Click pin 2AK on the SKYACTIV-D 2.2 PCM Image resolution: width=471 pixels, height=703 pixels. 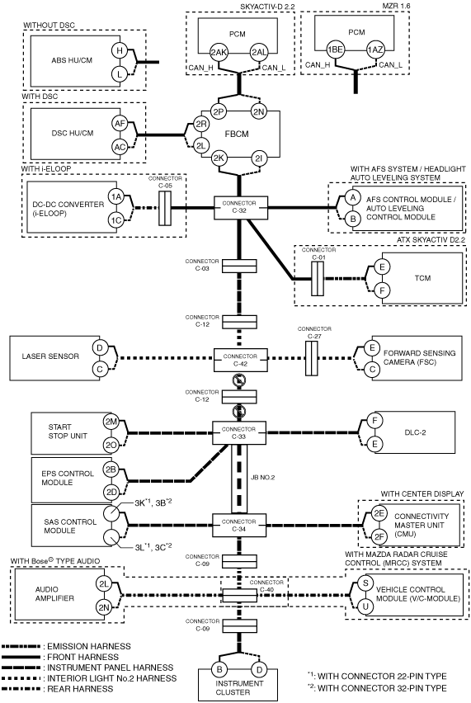coord(219,53)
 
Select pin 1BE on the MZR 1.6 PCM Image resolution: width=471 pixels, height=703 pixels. coord(335,50)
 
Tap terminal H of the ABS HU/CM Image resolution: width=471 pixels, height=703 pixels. coord(120,50)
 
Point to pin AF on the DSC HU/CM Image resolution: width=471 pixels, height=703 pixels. coord(120,123)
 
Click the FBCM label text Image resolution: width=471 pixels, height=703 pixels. coord(237,134)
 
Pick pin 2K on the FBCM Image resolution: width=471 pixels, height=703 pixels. coord(219,158)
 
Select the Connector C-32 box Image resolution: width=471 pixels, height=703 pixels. coord(240,207)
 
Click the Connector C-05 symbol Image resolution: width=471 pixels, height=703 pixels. coord(164,208)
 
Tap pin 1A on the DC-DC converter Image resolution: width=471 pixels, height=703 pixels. coord(116,196)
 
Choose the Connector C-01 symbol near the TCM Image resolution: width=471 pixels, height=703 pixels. coord(318,278)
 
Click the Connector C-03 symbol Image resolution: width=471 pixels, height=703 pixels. coord(240,266)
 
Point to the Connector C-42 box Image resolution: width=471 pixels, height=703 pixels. coord(240,360)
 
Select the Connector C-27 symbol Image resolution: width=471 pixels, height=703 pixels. coord(312,358)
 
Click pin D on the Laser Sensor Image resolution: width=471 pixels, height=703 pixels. coord(100,347)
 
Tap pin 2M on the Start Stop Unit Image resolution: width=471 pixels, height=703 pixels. coord(111,422)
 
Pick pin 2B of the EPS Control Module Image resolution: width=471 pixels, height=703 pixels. coord(111,469)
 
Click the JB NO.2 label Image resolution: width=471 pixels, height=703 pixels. coord(263,478)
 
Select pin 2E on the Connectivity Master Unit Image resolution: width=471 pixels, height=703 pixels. coord(379,514)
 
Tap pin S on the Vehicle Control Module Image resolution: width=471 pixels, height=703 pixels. coord(365,583)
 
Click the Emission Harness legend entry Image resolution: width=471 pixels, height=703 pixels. coord(66,646)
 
